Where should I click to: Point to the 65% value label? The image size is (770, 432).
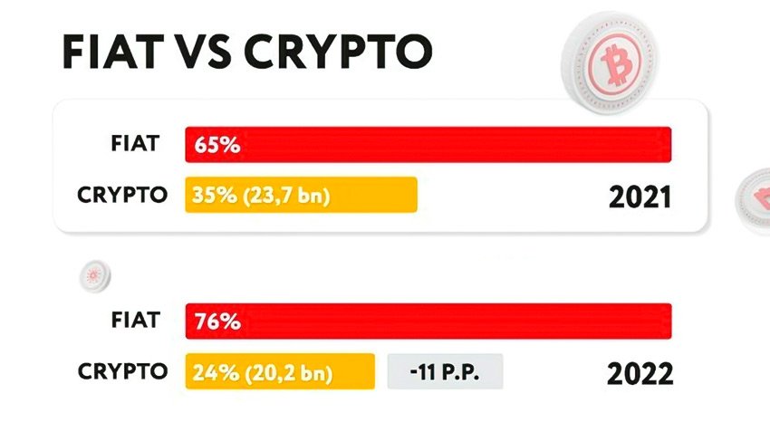click(x=216, y=145)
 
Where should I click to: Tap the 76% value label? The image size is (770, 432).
click(x=216, y=322)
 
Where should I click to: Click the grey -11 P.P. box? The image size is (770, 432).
click(x=445, y=371)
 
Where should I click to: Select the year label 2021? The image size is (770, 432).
click(x=640, y=197)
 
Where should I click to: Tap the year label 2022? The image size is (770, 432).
click(x=640, y=373)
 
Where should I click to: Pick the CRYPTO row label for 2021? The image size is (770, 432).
click(x=122, y=194)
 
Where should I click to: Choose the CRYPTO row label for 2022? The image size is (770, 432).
click(x=122, y=370)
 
